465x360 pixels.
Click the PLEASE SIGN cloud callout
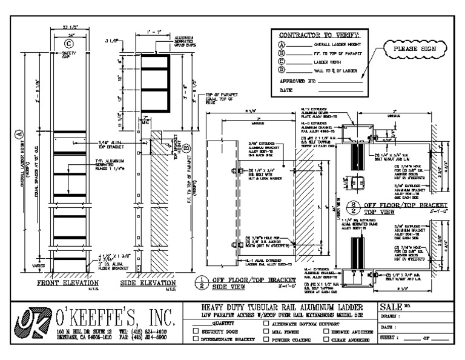[406, 48]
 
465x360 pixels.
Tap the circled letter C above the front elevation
[68, 43]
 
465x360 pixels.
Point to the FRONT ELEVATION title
[67, 283]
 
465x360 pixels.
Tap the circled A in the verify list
[281, 44]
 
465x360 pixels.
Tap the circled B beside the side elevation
[187, 146]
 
